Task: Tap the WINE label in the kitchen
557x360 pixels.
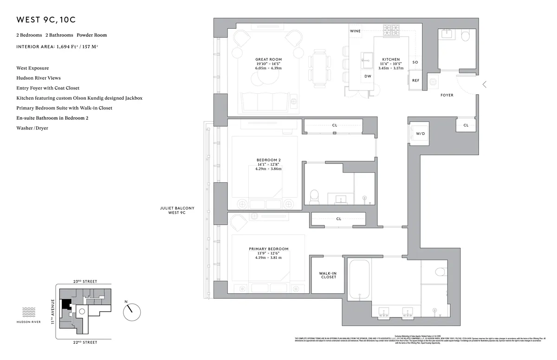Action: [355, 31]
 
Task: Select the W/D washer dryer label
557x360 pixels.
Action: [420, 133]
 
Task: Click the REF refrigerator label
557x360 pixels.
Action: [415, 80]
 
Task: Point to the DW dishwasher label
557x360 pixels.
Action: [368, 76]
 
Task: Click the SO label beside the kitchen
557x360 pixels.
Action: [415, 62]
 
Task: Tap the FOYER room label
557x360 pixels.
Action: [447, 95]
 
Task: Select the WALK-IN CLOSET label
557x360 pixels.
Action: [328, 275]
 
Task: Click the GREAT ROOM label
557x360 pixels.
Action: [268, 59]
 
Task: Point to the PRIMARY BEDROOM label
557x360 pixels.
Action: [268, 249]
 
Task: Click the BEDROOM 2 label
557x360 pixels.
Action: [268, 160]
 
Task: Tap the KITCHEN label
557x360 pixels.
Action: [391, 60]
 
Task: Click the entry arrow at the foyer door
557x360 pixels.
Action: [485, 84]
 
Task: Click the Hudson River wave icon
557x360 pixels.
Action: [29, 311]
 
